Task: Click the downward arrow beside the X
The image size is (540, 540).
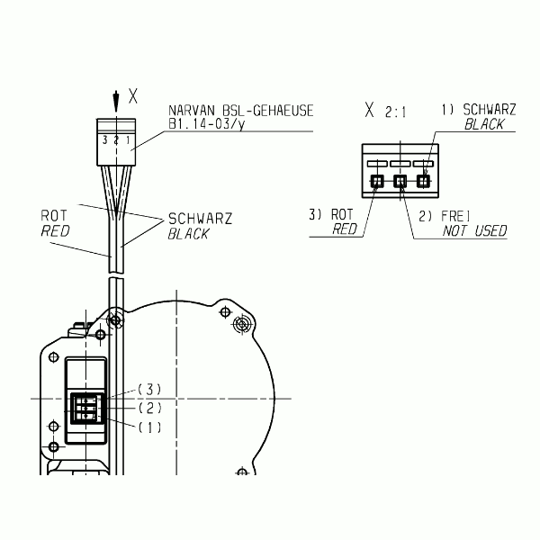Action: pyautogui.click(x=116, y=102)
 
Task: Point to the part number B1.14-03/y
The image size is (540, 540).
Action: pyautogui.click(x=207, y=124)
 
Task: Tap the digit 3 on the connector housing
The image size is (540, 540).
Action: pyautogui.click(x=105, y=140)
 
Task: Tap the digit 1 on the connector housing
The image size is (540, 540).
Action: pyautogui.click(x=128, y=140)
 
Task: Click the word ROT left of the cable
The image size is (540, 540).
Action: pyautogui.click(x=54, y=216)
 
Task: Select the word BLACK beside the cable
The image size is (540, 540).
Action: pyautogui.click(x=188, y=234)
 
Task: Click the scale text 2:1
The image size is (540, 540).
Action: pyautogui.click(x=396, y=112)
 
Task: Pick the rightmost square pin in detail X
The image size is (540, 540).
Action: pyautogui.click(x=423, y=181)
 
